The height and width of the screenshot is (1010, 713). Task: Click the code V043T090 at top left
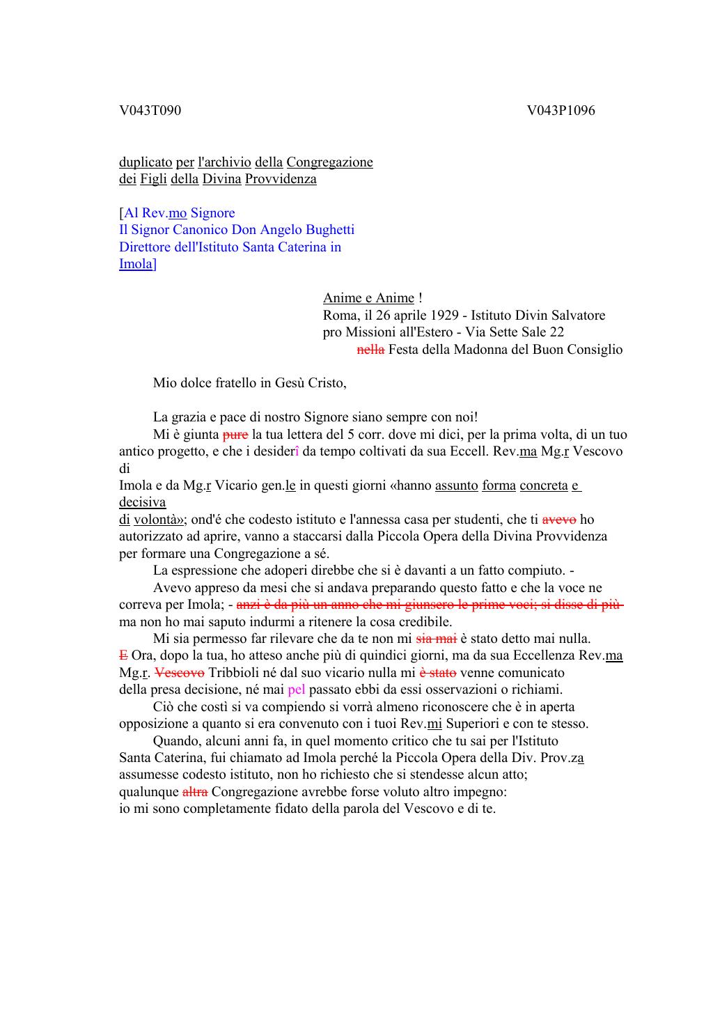pyautogui.click(x=150, y=111)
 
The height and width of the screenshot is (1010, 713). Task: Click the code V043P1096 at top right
pyautogui.click(x=561, y=111)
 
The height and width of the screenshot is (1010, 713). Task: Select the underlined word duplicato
pyautogui.click(x=146, y=162)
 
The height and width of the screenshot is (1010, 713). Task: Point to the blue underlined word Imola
pyautogui.click(x=136, y=264)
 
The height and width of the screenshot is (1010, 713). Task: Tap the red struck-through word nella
pyautogui.click(x=370, y=350)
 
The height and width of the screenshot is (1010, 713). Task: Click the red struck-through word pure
pyautogui.click(x=235, y=435)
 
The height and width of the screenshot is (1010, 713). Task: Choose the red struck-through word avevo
pyautogui.click(x=558, y=520)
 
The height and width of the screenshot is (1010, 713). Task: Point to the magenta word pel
pyautogui.click(x=297, y=690)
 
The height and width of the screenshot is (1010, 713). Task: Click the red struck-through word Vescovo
pyautogui.click(x=179, y=673)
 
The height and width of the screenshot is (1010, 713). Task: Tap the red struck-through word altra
pyautogui.click(x=195, y=792)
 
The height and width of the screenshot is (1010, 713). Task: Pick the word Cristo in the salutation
pyautogui.click(x=327, y=383)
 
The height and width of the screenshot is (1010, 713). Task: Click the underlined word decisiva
pyautogui.click(x=142, y=502)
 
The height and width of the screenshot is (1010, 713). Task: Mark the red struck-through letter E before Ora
pyautogui.click(x=123, y=655)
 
